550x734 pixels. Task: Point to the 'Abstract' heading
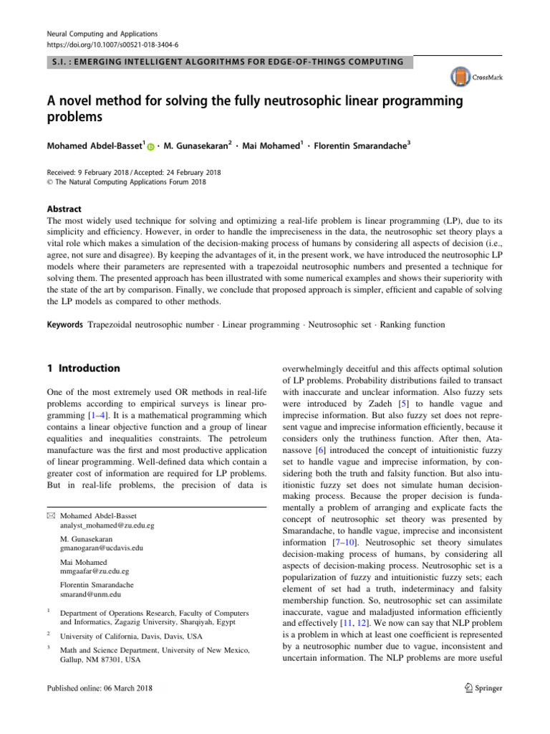[x=58, y=202]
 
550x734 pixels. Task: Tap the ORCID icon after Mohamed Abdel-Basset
[x=151, y=147]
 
